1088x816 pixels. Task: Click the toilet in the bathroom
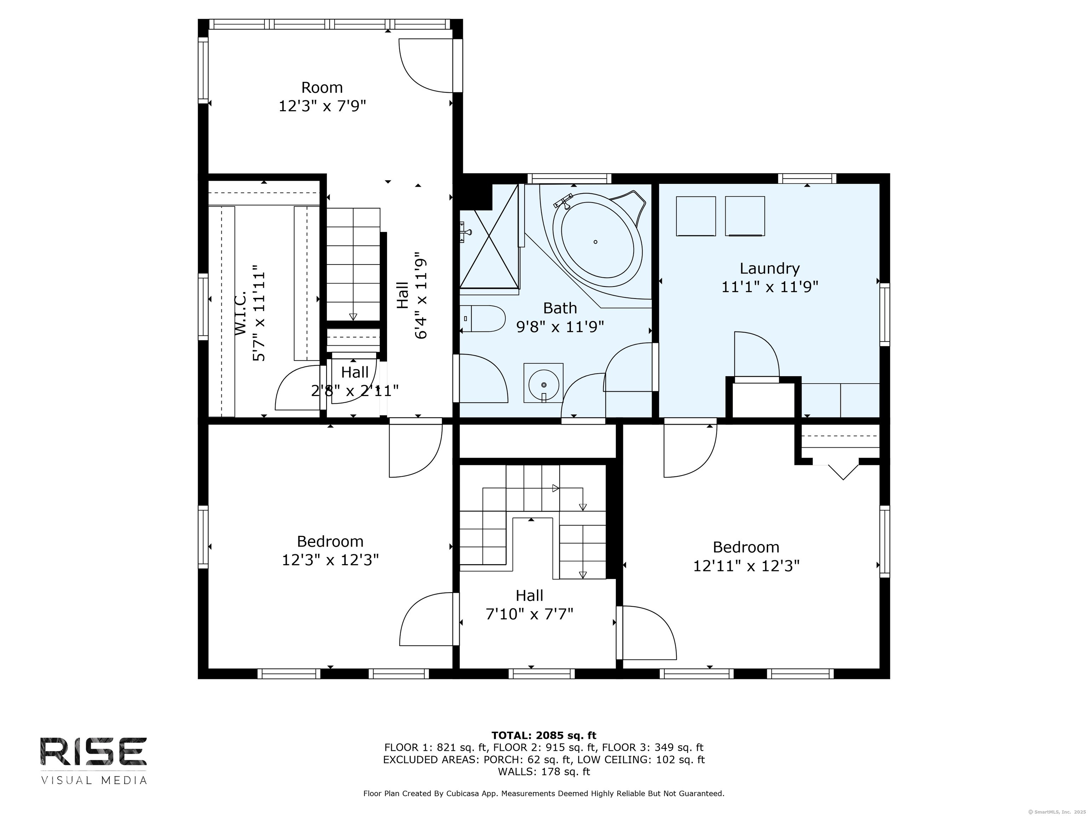(x=482, y=318)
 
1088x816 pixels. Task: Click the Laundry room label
(x=770, y=268)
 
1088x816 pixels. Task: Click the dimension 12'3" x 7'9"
(x=323, y=106)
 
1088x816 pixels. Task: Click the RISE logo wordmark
(x=93, y=752)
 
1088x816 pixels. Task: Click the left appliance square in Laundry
(x=696, y=216)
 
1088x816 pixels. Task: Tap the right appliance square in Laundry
(x=745, y=216)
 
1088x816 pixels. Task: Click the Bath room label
(x=560, y=308)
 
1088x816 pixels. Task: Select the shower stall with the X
(x=489, y=248)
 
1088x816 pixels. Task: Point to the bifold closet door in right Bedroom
(x=843, y=471)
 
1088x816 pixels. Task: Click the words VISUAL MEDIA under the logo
(x=93, y=780)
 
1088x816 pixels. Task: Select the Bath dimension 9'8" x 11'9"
(x=560, y=327)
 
